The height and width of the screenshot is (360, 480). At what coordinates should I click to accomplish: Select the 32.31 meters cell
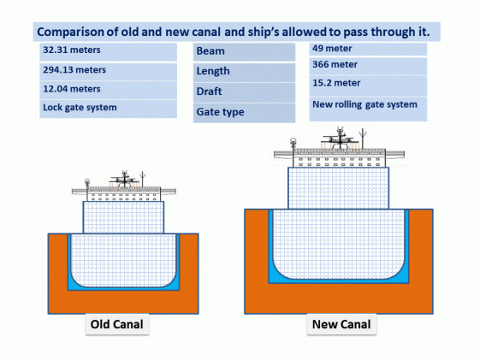click(x=72, y=50)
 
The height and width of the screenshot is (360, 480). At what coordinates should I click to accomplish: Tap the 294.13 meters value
click(x=75, y=70)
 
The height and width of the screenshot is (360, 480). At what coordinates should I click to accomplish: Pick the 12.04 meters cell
click(x=72, y=89)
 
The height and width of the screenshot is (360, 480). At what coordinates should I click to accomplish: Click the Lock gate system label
click(x=80, y=108)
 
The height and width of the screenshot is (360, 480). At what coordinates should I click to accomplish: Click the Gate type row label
click(x=221, y=112)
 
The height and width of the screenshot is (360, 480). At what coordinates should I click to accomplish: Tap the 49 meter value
click(x=334, y=48)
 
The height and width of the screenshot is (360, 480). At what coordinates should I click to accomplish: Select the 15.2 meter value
click(x=337, y=84)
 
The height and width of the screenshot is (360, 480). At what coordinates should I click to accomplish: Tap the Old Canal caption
click(x=116, y=325)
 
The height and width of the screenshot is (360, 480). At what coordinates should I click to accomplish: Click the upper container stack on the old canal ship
click(x=123, y=217)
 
